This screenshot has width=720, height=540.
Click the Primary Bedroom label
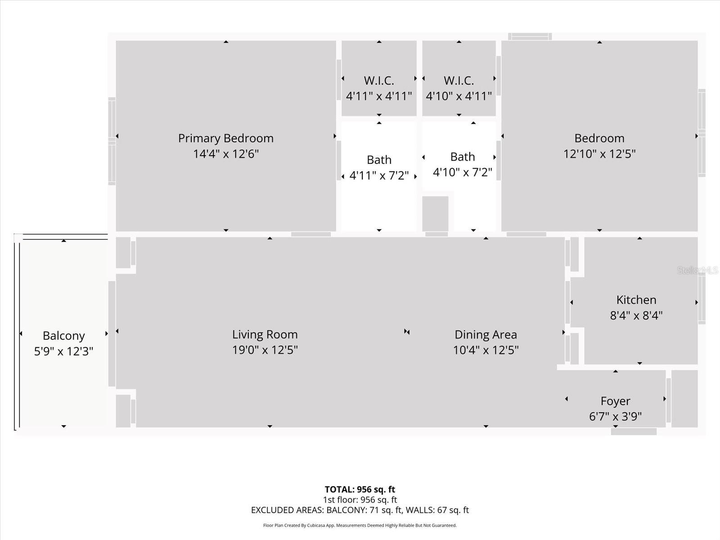click(x=225, y=138)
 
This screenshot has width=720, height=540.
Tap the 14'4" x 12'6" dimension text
click(x=225, y=154)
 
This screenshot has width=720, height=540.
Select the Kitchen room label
click(x=636, y=300)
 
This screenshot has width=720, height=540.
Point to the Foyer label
click(x=615, y=401)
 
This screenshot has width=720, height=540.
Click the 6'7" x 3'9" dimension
click(x=615, y=416)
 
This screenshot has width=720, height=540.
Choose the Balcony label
click(x=63, y=336)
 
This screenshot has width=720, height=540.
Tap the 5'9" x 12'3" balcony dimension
click(x=63, y=351)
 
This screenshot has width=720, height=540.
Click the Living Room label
click(x=265, y=334)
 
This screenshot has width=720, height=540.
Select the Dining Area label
click(x=486, y=335)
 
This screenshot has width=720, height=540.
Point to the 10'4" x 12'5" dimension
click(x=486, y=350)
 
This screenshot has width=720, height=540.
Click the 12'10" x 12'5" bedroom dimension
click(x=599, y=154)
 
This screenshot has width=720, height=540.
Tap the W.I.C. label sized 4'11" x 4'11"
click(x=379, y=81)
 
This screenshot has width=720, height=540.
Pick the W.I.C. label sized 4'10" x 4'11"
click(x=459, y=81)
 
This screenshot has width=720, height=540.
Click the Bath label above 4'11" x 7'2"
click(x=379, y=160)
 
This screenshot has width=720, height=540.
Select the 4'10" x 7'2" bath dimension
click(x=462, y=172)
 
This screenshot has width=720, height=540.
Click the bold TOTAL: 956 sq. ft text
click(x=360, y=489)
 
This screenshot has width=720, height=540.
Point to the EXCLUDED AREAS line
click(x=360, y=510)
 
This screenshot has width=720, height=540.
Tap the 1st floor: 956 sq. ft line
click(x=360, y=499)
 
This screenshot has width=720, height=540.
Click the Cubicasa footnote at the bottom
click(x=360, y=525)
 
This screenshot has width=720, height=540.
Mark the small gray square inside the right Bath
click(x=435, y=213)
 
